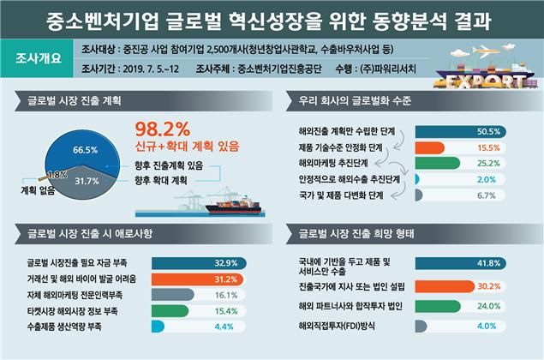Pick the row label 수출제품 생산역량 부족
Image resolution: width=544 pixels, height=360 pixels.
click(x=63, y=327)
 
